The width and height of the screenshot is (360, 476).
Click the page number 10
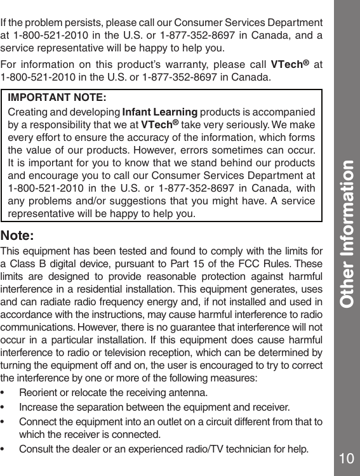tap(346, 458)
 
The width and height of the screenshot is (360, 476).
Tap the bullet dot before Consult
tap(7, 450)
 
